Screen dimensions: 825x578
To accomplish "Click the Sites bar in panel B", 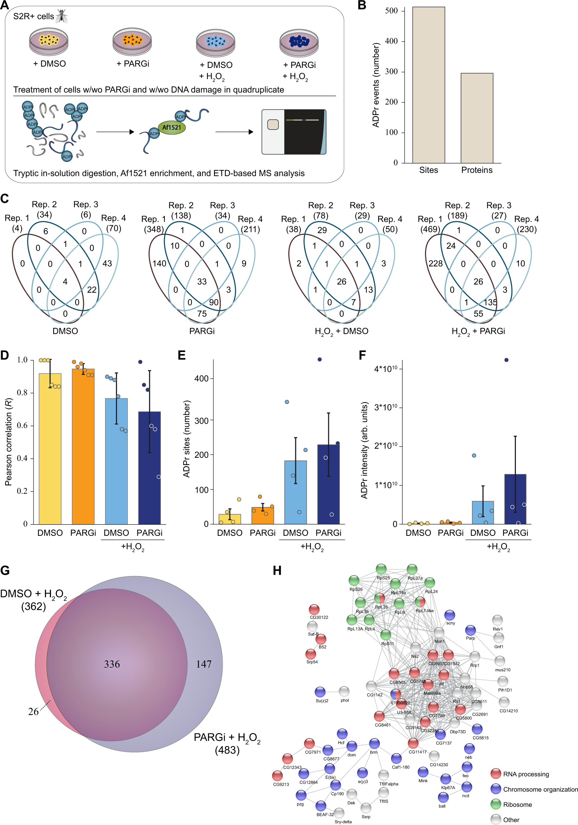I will click(428, 85).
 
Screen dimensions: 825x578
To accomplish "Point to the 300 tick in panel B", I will click(391, 71).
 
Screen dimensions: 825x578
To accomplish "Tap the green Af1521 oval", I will click(172, 127).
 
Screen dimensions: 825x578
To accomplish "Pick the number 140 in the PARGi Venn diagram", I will click(159, 263).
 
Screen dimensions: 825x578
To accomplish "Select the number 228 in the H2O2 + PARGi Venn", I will click(435, 263).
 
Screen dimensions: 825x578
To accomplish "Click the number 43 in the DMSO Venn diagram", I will click(107, 263).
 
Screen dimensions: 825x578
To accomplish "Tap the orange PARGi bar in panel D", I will click(83, 446).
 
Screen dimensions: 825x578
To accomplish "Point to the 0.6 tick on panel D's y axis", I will click(22, 425).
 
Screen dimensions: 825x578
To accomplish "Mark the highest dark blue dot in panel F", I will click(506, 360).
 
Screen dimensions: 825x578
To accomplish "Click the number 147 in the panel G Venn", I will click(203, 664).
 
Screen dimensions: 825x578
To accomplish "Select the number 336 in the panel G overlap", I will click(112, 664).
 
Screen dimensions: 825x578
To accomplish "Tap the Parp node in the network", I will click(470, 630).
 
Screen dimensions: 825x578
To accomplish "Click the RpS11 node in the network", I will click(385, 635).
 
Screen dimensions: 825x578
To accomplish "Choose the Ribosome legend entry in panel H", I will click(517, 805).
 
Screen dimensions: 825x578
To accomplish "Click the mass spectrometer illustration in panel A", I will click(294, 132).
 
